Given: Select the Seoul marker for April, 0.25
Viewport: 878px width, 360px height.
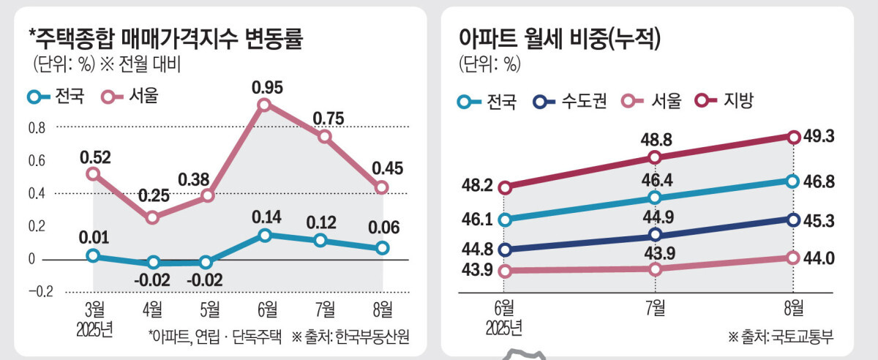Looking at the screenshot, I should (x=152, y=217).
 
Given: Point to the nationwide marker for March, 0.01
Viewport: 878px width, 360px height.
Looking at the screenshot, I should (x=93, y=255).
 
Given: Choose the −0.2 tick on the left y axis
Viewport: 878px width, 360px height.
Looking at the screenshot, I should (x=41, y=291).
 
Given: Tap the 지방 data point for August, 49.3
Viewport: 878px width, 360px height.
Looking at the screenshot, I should (x=792, y=137).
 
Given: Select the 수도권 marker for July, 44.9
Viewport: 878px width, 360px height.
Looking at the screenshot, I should (x=655, y=234).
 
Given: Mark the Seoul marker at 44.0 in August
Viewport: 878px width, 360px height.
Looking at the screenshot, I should (x=792, y=258).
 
